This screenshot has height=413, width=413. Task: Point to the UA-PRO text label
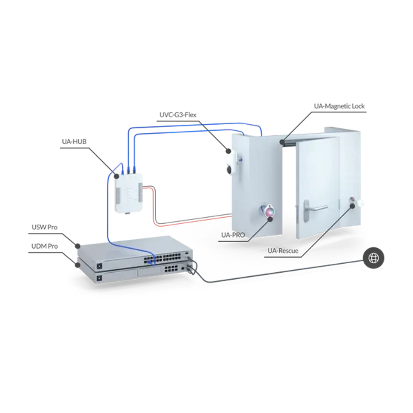(232, 235)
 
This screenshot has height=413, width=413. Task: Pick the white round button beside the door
(361, 203)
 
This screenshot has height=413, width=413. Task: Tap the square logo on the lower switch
(99, 278)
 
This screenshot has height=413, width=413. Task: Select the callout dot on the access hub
(115, 176)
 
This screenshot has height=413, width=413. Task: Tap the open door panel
(316, 189)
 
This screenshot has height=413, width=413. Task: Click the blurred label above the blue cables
(179, 115)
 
